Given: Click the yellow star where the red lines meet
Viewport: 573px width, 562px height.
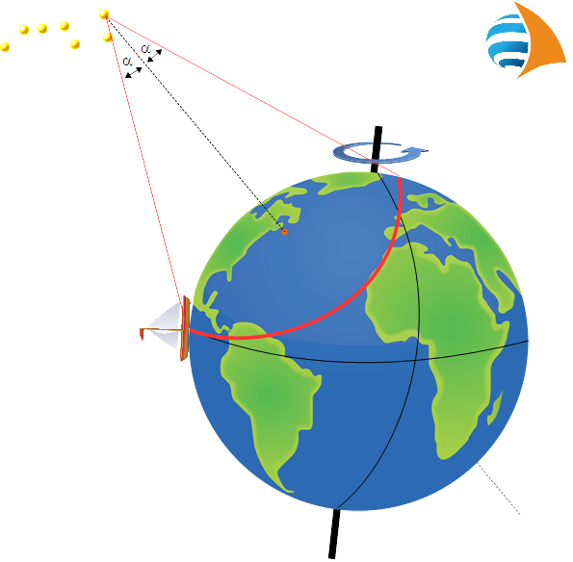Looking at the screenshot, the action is [104, 14].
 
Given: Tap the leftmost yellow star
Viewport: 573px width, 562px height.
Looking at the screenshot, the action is [5, 47].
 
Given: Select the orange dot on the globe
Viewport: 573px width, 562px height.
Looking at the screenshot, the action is [284, 232].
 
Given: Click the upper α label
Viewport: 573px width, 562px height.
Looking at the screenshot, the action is [145, 48].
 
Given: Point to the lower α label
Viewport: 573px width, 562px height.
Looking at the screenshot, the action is [127, 61].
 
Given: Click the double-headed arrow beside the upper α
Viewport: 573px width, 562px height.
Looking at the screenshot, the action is [155, 56].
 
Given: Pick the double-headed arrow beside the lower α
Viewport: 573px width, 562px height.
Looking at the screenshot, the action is [134, 72].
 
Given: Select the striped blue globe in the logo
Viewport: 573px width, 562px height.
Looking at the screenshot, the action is [508, 41].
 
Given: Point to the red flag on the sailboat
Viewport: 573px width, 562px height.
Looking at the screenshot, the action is [142, 334].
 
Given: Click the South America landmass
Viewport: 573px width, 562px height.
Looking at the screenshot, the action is [271, 395].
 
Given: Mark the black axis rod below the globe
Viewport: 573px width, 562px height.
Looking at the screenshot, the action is [334, 534].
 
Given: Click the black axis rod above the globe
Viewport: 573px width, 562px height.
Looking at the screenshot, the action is [377, 149].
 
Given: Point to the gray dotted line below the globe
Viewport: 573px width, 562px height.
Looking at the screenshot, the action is [499, 489].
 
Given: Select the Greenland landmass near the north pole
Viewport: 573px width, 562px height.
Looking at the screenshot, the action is [346, 183].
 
